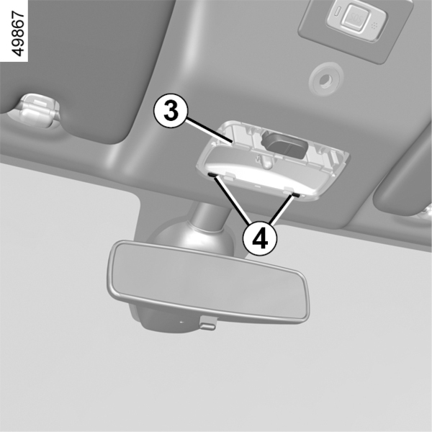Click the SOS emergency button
356,17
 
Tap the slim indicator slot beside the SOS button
338,12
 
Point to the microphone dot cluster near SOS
374,26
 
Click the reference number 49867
19,34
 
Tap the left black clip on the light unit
212,175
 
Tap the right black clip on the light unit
296,195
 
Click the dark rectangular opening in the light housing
284,144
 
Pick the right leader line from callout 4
281,210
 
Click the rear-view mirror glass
210,282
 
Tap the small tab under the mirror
208,325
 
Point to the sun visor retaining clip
35,110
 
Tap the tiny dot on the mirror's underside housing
181,322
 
